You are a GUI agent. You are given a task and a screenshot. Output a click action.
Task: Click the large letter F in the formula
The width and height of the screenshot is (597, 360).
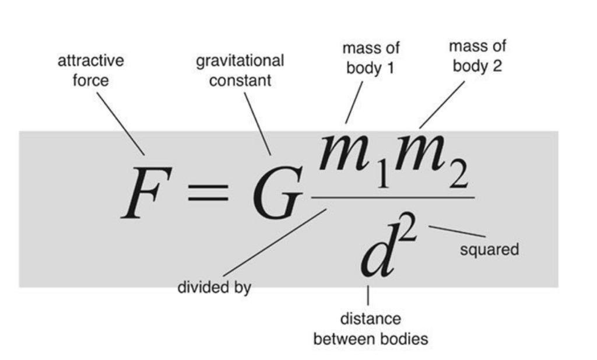pos(146,193)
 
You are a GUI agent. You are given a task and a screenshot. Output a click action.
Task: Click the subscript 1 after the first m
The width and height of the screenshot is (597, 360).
pos(381,176)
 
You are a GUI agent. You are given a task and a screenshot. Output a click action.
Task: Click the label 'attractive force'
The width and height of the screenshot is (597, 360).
pos(91,70)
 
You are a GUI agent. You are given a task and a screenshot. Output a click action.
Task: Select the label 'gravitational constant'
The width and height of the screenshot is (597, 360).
pos(240,70)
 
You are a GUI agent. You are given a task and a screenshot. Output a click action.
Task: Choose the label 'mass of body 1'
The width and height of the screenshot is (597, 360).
pos(371,58)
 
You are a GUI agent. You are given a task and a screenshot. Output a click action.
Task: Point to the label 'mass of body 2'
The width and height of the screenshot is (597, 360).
pos(477,56)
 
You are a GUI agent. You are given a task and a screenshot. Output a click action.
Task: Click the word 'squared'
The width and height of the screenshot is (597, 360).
pos(489,250)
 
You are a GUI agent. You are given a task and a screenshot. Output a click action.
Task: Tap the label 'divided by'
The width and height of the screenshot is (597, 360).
pos(214,287)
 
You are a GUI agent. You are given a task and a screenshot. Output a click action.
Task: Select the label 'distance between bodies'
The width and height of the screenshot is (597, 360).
pos(370,329)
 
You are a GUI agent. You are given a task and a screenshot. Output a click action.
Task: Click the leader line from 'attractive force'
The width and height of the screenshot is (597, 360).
pos(120,123)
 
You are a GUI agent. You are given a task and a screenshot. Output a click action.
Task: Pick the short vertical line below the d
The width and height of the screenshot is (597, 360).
pos(368,295)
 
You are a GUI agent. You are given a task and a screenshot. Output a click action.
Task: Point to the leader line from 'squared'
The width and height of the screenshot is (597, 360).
pos(457,231)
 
